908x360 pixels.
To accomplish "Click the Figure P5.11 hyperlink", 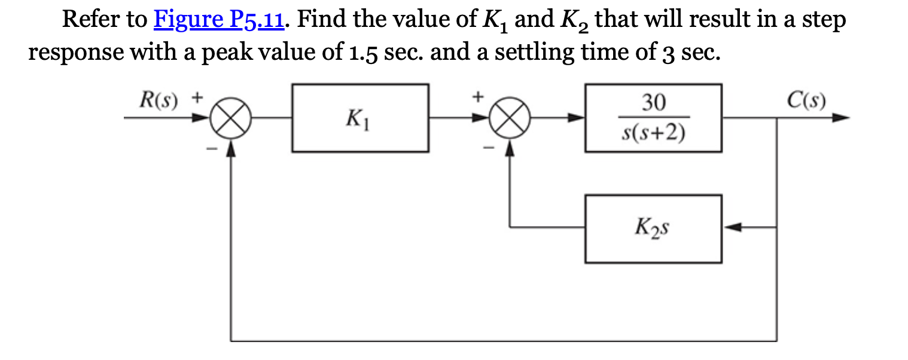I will tap(220, 20).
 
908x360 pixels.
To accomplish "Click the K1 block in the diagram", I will tap(359, 118).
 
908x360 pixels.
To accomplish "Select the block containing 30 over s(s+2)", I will tap(653, 118).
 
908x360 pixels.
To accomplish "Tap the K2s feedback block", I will tap(653, 228).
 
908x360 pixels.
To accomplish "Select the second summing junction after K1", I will tap(510, 118).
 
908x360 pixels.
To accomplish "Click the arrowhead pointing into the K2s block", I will tap(732, 228).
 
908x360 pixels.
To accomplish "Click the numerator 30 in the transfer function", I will tap(653, 103).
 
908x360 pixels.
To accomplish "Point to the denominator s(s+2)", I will tap(653, 133).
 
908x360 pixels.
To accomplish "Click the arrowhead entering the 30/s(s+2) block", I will tap(577, 118).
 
